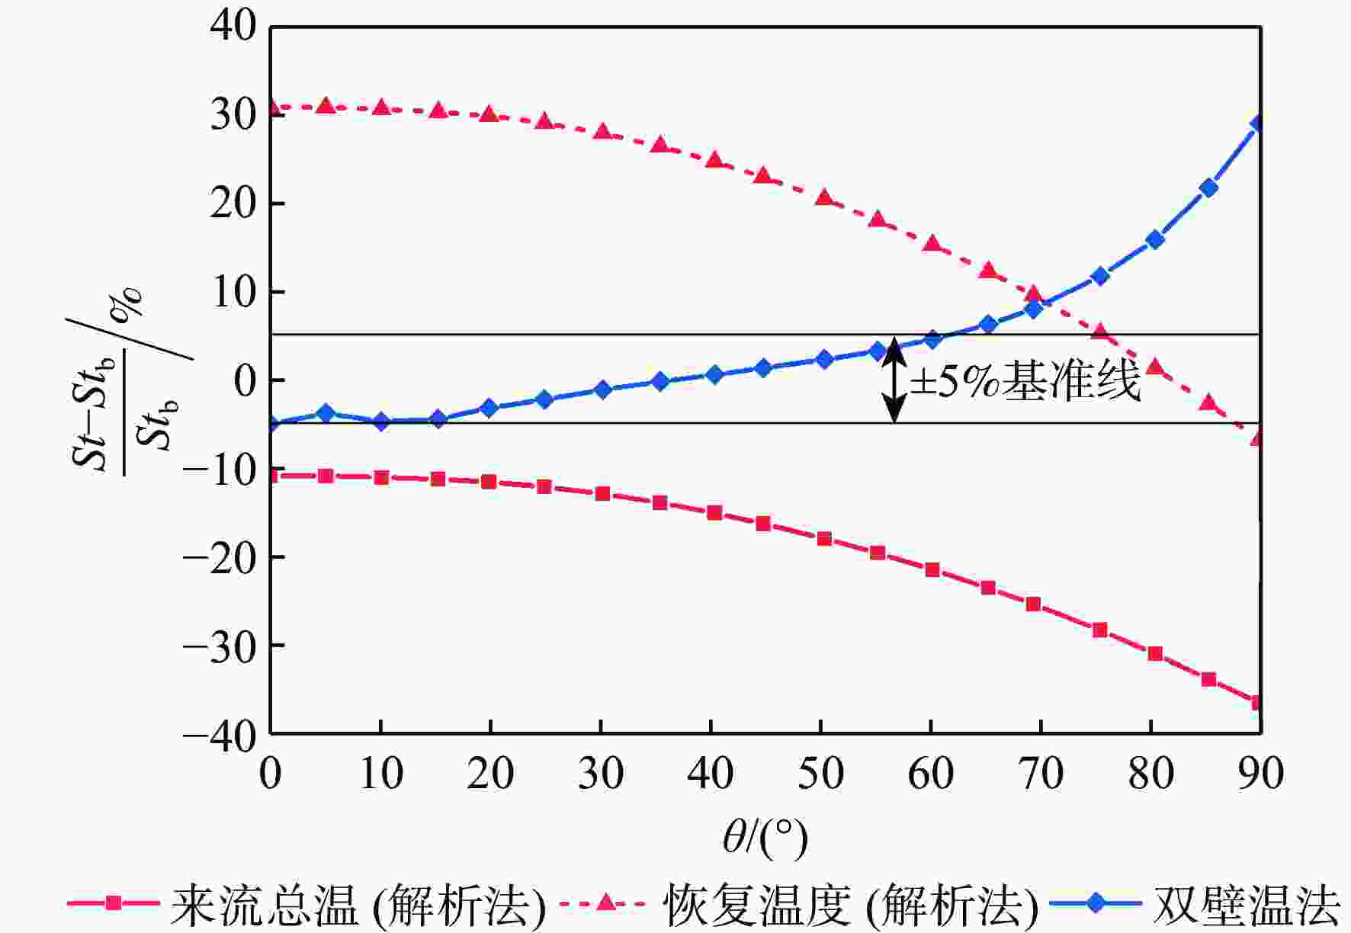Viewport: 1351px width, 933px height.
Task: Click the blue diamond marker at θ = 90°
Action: [1259, 123]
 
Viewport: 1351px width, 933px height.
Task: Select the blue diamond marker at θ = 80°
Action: [1155, 239]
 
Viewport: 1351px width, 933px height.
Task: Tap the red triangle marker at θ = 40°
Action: [714, 160]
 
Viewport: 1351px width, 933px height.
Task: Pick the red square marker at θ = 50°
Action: [824, 539]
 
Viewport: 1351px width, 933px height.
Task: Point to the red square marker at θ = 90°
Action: [1257, 702]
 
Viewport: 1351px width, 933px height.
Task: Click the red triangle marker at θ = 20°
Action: [489, 114]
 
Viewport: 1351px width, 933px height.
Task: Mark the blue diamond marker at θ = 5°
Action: [326, 412]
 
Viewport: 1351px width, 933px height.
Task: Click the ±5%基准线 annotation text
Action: [1025, 380]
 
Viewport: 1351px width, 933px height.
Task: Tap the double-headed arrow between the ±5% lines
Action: [894, 379]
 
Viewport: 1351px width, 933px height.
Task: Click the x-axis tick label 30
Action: [601, 774]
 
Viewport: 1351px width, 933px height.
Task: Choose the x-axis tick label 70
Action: [1041, 774]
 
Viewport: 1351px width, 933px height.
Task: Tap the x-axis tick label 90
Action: [1261, 774]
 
